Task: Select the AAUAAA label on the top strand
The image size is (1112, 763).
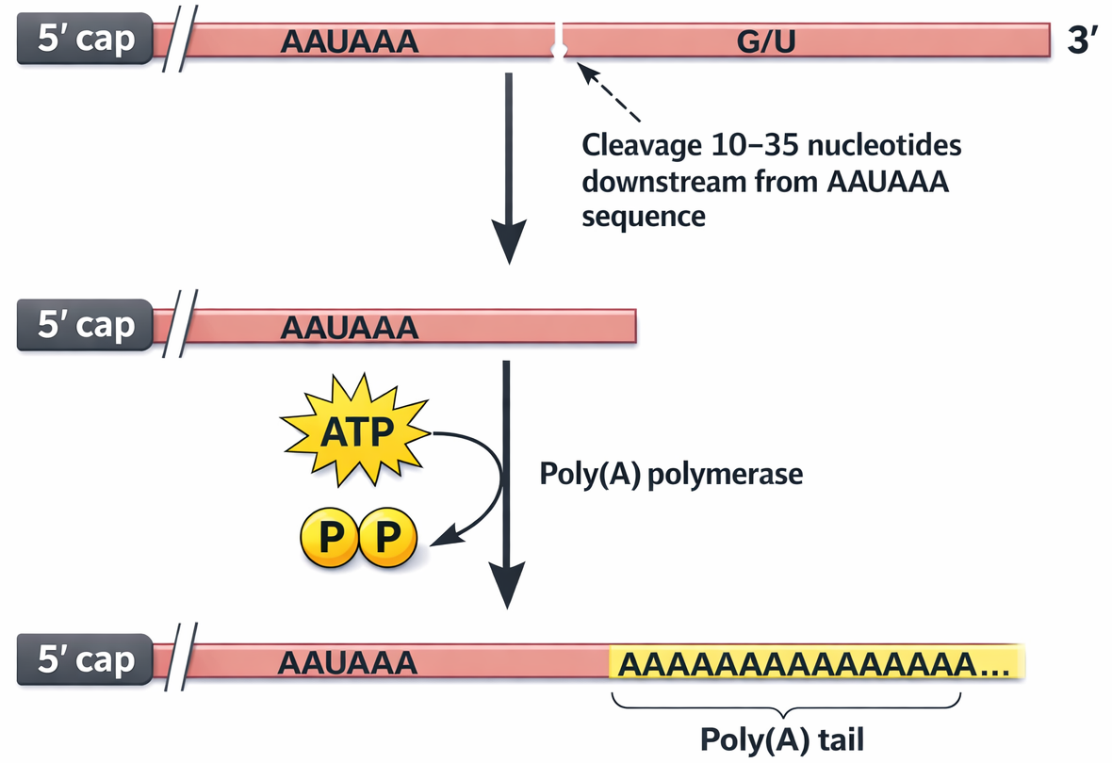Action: point(350,41)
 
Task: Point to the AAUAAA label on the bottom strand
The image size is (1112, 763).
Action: point(348,662)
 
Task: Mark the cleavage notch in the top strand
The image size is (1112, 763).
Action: point(560,42)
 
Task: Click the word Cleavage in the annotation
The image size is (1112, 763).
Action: point(637,147)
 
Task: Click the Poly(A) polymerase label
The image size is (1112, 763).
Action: point(670,474)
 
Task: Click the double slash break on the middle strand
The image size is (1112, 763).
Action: point(177,327)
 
